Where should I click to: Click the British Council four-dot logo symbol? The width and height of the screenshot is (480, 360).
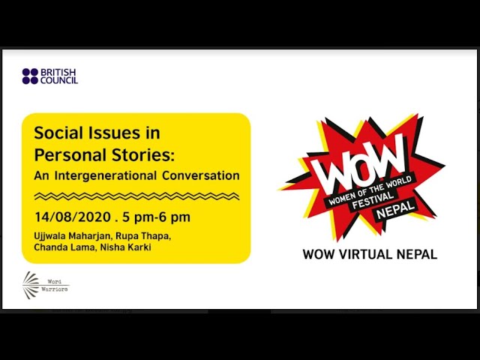coord(30,76)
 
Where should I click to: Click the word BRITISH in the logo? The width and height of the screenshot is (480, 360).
coord(58,72)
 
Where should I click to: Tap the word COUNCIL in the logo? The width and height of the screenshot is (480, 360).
coord(59,80)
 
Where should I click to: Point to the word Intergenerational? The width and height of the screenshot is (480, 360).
coord(105,175)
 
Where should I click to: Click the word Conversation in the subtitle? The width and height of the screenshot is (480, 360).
coord(201,175)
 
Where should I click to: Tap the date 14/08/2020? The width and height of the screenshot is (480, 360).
coord(73,217)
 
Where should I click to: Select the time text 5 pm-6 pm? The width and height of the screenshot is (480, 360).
coord(157,217)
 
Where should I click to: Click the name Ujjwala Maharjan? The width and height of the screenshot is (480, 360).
coord(73,236)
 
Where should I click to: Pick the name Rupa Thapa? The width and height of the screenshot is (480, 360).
coord(143,236)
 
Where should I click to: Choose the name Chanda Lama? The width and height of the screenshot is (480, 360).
coord(65,247)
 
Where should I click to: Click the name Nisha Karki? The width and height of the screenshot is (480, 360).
coord(126,247)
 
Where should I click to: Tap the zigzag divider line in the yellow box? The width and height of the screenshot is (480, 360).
coord(136,196)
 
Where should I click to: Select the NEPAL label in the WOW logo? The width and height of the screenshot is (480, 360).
coord(395,209)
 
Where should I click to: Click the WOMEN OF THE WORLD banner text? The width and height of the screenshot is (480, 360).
coord(370,190)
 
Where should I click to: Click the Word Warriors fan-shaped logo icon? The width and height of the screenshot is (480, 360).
coord(31,285)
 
